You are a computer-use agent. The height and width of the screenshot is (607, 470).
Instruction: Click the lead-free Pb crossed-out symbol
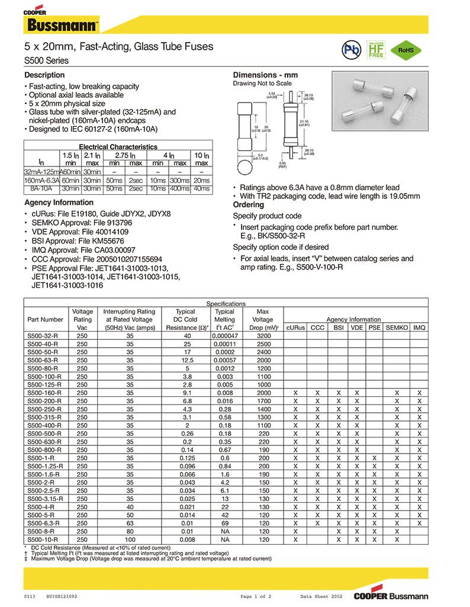point(350,50)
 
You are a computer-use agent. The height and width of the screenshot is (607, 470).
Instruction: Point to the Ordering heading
point(249,204)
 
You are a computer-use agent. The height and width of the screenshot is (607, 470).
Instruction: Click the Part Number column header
point(45,319)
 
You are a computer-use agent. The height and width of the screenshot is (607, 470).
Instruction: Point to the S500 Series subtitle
point(46,60)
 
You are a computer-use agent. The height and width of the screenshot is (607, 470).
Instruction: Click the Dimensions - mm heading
point(265,75)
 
